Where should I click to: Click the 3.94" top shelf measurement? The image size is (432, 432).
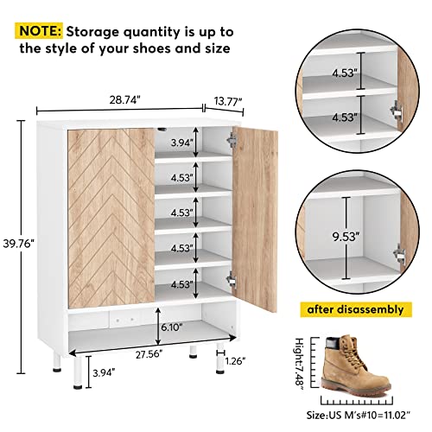click(181, 143)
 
